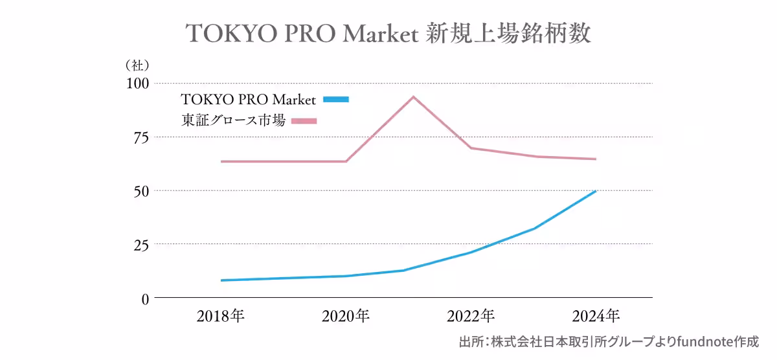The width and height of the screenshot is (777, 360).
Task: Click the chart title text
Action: point(388,34)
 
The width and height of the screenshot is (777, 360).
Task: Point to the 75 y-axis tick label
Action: point(141,137)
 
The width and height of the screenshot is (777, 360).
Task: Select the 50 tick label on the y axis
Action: point(141,191)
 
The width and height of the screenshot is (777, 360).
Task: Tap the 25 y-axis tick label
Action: point(141,245)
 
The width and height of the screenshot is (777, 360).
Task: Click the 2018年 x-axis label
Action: point(221,317)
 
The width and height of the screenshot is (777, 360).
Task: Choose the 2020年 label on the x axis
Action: point(346,317)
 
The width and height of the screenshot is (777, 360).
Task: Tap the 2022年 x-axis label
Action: point(471,317)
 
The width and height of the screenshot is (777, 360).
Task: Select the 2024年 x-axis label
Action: point(596,317)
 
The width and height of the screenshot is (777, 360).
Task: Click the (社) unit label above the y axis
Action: point(137,65)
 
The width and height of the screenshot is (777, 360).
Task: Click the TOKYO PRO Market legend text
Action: point(249,100)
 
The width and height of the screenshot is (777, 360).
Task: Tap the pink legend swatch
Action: point(304,120)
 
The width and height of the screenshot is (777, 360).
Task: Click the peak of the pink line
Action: point(412,97)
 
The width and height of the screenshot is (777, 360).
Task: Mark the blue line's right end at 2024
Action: point(595,191)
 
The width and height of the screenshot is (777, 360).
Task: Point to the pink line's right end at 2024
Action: point(595,159)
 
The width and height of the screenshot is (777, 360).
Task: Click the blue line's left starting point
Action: point(222,280)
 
